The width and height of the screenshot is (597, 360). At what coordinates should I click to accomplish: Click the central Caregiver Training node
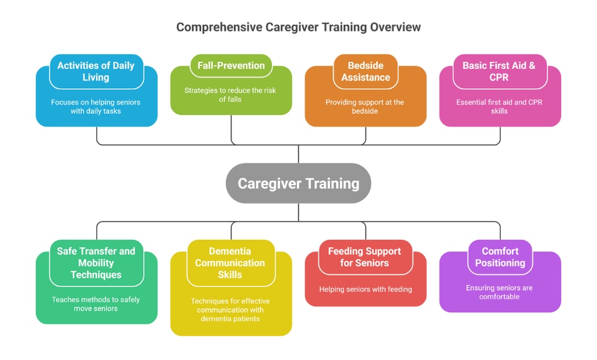(298, 183)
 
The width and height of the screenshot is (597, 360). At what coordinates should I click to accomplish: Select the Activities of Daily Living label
(96, 71)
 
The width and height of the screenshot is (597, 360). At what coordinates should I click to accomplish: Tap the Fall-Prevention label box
(230, 65)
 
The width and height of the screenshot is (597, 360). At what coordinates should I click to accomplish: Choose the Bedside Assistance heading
(366, 71)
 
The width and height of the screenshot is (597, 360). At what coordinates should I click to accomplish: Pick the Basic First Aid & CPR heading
(498, 71)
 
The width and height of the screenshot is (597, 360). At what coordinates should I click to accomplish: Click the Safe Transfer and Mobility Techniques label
(96, 263)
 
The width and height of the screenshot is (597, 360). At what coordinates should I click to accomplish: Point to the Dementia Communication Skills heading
(230, 263)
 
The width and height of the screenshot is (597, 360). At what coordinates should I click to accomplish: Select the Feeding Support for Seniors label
(364, 257)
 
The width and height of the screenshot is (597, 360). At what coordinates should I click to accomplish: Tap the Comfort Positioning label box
(500, 257)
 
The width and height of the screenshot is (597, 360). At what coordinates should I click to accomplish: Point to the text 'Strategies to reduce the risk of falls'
(230, 95)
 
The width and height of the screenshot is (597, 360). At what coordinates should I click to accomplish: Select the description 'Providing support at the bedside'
(364, 106)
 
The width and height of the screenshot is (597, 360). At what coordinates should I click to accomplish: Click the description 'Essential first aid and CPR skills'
(499, 106)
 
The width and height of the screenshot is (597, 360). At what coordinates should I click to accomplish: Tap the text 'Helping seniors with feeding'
(365, 289)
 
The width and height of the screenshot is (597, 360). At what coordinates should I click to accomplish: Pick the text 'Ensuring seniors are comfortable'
(499, 292)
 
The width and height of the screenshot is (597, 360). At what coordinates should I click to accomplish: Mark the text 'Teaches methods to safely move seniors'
(96, 303)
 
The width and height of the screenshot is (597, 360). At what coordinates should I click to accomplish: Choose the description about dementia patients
(230, 310)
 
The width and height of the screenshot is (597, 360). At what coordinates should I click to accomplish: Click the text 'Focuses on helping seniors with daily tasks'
(96, 106)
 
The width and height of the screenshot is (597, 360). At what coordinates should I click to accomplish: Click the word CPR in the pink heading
(499, 77)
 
